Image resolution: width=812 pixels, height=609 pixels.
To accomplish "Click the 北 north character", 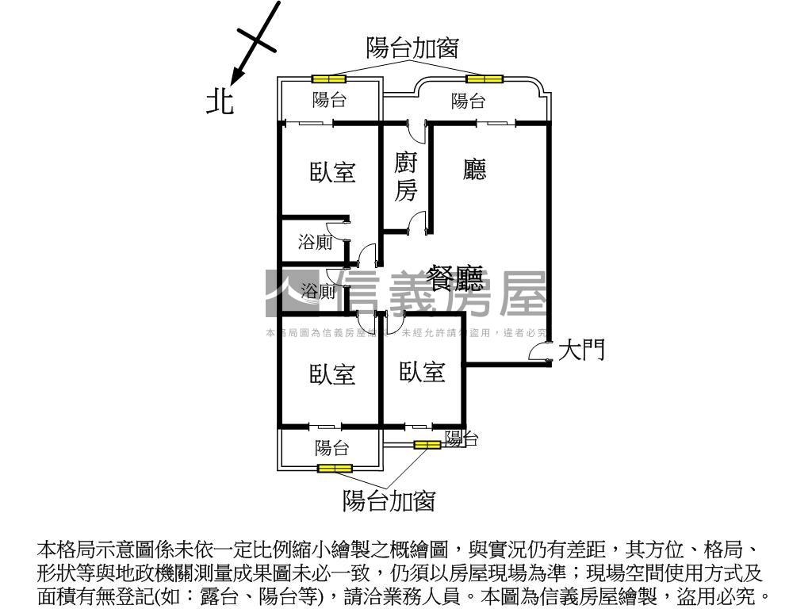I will (x=220, y=101).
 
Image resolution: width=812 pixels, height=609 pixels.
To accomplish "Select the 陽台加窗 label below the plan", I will (x=389, y=501).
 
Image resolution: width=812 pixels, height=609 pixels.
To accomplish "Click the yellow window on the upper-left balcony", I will (x=328, y=79).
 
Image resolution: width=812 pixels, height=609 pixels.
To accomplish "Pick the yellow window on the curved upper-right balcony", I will (x=484, y=79).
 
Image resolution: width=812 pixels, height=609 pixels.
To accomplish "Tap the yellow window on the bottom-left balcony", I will (x=334, y=469).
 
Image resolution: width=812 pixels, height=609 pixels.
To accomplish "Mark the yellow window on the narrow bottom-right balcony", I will (x=427, y=445).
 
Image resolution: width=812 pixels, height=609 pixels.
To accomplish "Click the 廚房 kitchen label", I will (x=405, y=177).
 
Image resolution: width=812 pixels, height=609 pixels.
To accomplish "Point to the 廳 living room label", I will (x=474, y=169).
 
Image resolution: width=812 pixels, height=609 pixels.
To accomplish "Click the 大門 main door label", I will (x=582, y=350).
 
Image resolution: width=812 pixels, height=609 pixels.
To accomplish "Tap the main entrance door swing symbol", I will (x=541, y=354).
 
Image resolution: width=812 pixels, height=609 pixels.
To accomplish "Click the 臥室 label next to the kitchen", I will (x=332, y=172).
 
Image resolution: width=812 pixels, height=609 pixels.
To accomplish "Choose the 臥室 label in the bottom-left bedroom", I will (x=332, y=375).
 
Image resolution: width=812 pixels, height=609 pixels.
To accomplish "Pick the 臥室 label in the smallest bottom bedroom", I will (x=422, y=372).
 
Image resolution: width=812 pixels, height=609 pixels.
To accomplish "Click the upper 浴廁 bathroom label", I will (x=315, y=243).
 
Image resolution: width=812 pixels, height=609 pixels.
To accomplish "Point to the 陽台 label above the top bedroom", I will (x=329, y=100).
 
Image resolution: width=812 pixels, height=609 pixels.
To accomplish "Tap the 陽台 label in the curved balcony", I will (x=468, y=101).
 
